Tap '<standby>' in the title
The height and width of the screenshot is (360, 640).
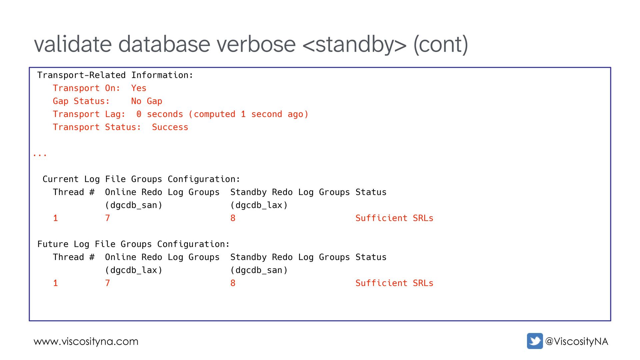click(354, 44)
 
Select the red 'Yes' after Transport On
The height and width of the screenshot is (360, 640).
click(139, 88)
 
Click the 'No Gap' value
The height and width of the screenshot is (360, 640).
click(147, 101)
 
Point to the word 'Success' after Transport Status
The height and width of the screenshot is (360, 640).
click(170, 127)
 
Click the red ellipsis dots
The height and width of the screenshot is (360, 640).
click(40, 155)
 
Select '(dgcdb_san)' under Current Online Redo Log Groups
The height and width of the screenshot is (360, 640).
click(134, 205)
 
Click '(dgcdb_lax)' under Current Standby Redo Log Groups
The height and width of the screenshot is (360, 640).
click(259, 205)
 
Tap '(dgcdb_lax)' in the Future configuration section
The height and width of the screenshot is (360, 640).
click(134, 270)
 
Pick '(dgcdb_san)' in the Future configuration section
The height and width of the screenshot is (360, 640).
click(259, 270)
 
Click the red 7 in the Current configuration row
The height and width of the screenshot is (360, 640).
click(107, 218)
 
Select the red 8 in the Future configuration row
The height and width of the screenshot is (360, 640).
click(233, 283)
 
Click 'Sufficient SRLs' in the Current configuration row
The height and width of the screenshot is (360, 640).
click(394, 218)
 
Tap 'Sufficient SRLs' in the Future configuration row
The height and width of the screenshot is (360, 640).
click(394, 283)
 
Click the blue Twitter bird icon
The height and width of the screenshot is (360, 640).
click(535, 341)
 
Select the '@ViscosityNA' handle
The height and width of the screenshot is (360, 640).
click(576, 341)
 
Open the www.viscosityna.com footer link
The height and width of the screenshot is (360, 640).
click(86, 341)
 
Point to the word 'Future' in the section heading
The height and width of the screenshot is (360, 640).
click(53, 244)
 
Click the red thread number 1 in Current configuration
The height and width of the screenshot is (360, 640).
click(55, 218)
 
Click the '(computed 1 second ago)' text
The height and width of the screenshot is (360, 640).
click(248, 114)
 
